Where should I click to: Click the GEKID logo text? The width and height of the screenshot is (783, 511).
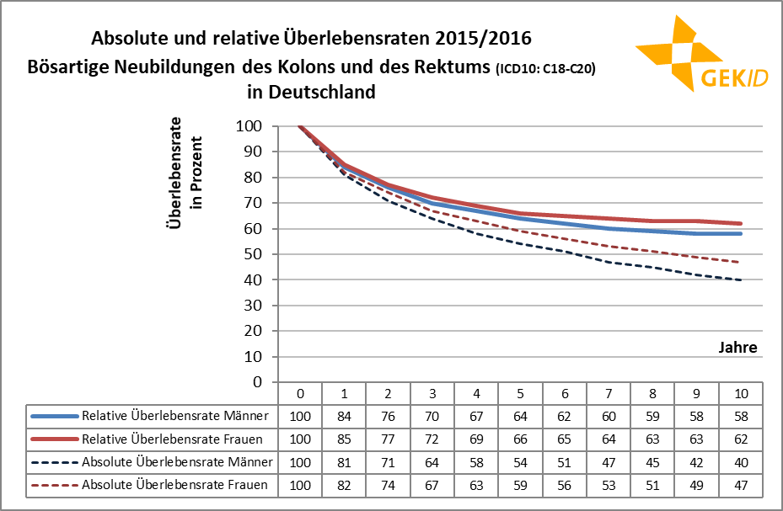(732, 78)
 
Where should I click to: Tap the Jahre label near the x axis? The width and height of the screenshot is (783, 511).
(737, 347)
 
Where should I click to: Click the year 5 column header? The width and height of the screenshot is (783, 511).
(520, 393)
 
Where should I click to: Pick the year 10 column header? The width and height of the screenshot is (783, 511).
(741, 393)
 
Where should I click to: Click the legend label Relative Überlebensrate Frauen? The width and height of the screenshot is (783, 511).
(176, 439)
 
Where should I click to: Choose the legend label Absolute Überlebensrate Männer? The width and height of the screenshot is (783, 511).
(177, 461)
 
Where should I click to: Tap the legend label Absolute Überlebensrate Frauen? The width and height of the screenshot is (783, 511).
(176, 484)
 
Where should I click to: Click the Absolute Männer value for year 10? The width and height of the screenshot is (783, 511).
(741, 461)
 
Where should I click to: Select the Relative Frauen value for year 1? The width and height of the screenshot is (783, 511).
(344, 439)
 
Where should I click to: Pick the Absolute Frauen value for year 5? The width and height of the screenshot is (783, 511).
(520, 484)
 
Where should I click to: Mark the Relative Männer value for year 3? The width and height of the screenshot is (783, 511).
(432, 416)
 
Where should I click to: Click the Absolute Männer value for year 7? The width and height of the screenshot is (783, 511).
(609, 461)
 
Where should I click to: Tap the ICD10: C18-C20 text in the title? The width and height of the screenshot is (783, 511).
(546, 70)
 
